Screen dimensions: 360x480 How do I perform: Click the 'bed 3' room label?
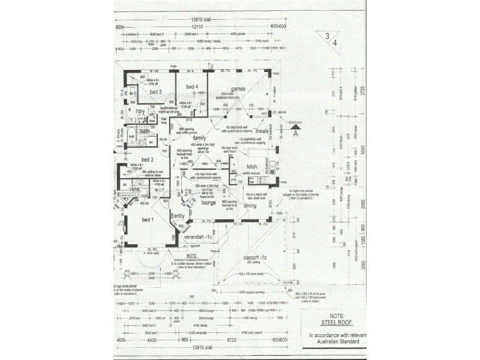click(156, 92)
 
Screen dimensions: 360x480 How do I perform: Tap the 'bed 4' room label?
click(192, 88)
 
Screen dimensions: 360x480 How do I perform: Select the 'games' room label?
click(238, 89)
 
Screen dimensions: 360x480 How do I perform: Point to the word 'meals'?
click(260, 130)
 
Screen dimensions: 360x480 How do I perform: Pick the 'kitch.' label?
click(252, 166)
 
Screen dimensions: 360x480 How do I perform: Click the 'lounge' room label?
click(208, 203)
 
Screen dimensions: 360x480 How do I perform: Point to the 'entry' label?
click(179, 216)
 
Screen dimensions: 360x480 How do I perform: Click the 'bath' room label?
click(145, 131)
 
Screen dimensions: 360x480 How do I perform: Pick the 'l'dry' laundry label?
click(141, 112)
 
